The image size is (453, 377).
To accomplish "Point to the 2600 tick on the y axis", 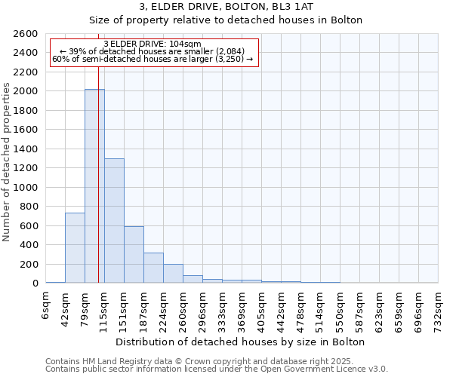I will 27,34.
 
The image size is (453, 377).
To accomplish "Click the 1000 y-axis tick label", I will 27,187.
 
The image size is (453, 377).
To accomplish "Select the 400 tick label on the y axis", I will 31,245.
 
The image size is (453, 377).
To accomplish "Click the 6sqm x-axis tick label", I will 45,305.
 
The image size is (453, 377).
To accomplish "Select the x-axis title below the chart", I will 242,342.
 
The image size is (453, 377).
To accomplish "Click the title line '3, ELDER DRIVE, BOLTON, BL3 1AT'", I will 226,7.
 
